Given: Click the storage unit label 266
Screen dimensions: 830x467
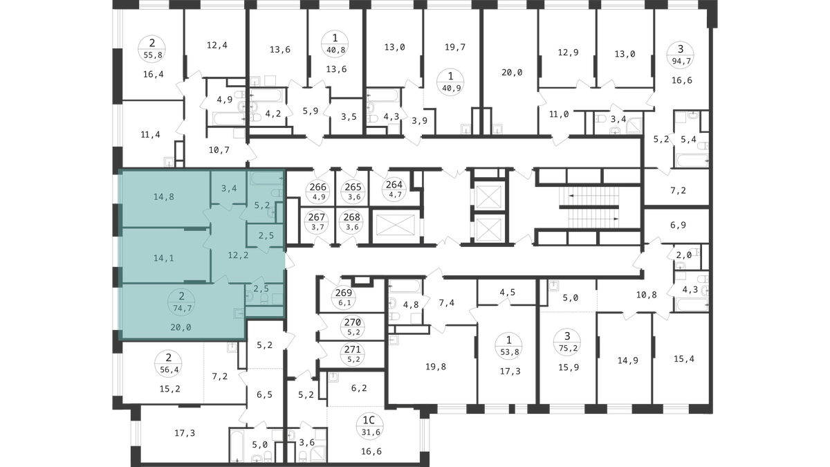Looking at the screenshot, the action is [x=318, y=191].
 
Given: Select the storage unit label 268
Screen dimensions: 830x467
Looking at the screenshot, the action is [x=351, y=221].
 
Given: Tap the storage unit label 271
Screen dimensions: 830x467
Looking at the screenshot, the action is [x=352, y=354].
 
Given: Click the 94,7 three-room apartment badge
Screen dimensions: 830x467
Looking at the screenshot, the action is [x=681, y=55].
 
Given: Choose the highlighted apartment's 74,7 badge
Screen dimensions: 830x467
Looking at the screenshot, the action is [x=181, y=302].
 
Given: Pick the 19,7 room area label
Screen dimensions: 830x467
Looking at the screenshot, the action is [x=455, y=47].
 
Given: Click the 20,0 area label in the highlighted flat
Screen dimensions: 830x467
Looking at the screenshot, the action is [x=181, y=327].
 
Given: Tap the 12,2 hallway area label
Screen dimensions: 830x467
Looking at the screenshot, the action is [x=238, y=255].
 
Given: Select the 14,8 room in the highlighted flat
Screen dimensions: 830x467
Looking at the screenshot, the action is [x=164, y=196].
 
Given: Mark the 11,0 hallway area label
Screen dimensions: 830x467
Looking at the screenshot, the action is [x=559, y=115].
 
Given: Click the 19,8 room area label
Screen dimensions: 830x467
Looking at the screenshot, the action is [x=436, y=367].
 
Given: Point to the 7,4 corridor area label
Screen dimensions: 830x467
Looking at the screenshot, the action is [x=447, y=303].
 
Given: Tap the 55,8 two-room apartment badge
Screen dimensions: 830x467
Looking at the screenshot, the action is [x=152, y=49].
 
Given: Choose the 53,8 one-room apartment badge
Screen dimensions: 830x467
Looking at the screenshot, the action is [x=509, y=346].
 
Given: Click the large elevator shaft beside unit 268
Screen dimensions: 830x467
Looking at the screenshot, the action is [x=396, y=226].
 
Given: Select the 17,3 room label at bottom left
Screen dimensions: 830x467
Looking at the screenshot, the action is [x=185, y=433].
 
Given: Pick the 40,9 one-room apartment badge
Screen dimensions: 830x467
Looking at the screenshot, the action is [x=450, y=82].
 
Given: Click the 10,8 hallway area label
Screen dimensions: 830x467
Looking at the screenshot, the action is [x=647, y=295].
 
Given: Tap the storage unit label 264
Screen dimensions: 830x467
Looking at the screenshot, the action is [x=394, y=189].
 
